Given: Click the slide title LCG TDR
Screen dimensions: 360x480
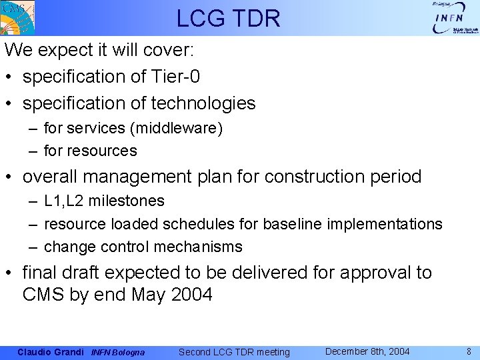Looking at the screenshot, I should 229,18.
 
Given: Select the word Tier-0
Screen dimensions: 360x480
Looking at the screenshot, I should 176,77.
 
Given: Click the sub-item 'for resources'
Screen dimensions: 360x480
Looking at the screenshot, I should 90,151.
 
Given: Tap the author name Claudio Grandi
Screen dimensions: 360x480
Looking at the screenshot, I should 51,352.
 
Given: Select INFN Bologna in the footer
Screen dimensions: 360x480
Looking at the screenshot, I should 117,352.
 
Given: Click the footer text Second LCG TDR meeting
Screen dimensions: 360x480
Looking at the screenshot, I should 234,352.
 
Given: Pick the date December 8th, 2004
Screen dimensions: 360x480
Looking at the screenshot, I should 367,351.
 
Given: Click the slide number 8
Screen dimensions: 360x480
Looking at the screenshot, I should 469,351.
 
